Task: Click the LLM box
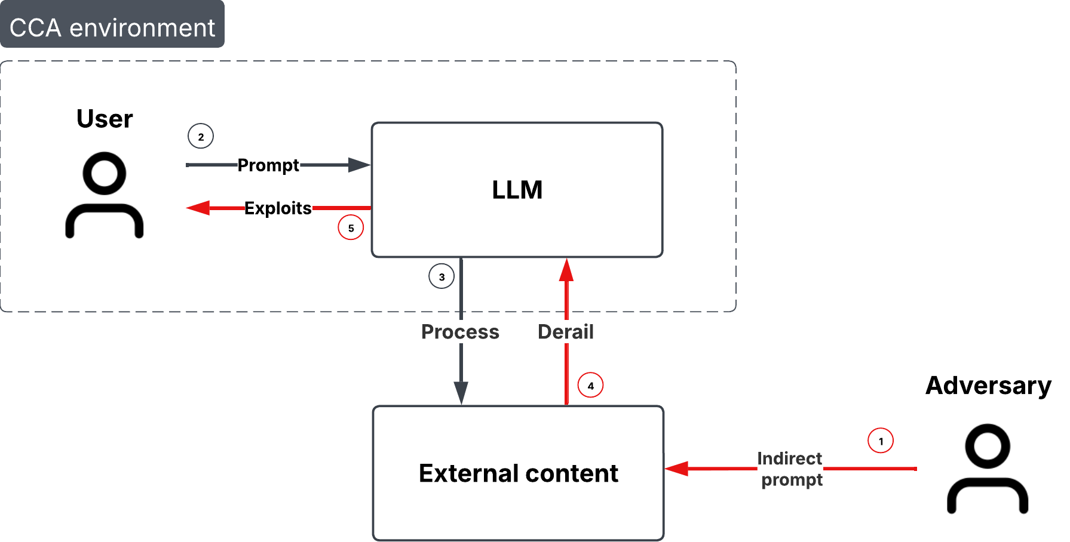tap(517, 190)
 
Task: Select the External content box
tap(518, 473)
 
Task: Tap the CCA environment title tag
tap(112, 24)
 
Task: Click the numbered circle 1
tap(881, 441)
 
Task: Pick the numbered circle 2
tap(201, 137)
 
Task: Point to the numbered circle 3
tap(442, 276)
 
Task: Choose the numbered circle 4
tap(590, 386)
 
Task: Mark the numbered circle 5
tap(351, 228)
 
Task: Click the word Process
tap(460, 332)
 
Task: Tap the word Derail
tap(566, 332)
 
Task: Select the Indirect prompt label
tap(790, 469)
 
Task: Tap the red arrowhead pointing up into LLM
tap(566, 270)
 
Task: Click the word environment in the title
tap(142, 28)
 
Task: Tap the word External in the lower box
tap(468, 473)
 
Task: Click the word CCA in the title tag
tap(35, 28)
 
